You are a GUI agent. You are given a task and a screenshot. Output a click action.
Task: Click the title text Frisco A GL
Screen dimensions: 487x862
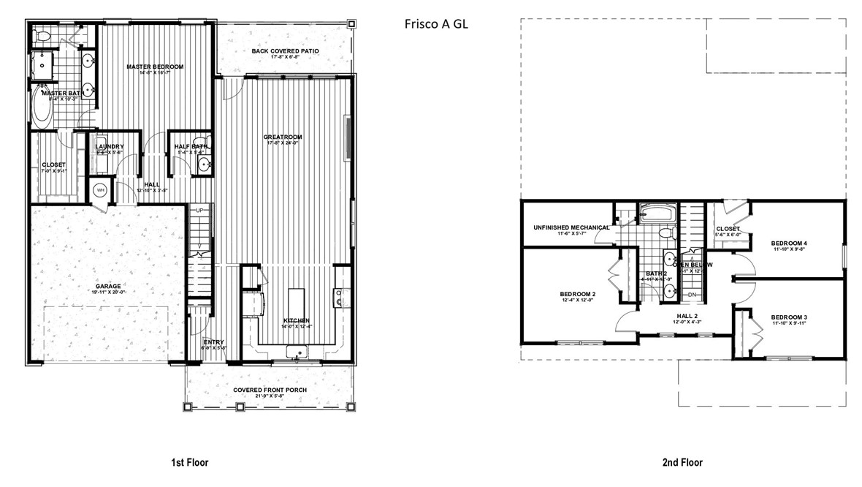tap(436, 23)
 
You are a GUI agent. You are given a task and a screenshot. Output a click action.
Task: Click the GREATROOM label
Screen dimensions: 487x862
tap(284, 137)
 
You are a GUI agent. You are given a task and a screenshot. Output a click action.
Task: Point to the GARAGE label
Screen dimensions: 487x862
tap(107, 286)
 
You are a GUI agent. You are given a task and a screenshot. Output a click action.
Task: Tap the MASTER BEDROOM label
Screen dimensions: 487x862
tap(154, 67)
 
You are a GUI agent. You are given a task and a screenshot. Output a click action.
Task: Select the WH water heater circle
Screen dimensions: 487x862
tap(100, 191)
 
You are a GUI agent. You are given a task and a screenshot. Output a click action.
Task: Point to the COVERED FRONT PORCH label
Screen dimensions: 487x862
tap(270, 390)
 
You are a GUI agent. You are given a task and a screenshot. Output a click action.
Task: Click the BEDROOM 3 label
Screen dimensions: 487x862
tap(788, 317)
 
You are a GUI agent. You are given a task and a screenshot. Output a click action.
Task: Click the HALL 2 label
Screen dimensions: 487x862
tap(687, 317)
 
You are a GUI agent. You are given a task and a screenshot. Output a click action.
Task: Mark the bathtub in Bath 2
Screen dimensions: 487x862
tap(659, 215)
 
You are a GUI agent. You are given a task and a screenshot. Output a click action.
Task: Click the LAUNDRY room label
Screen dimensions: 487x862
tap(110, 146)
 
